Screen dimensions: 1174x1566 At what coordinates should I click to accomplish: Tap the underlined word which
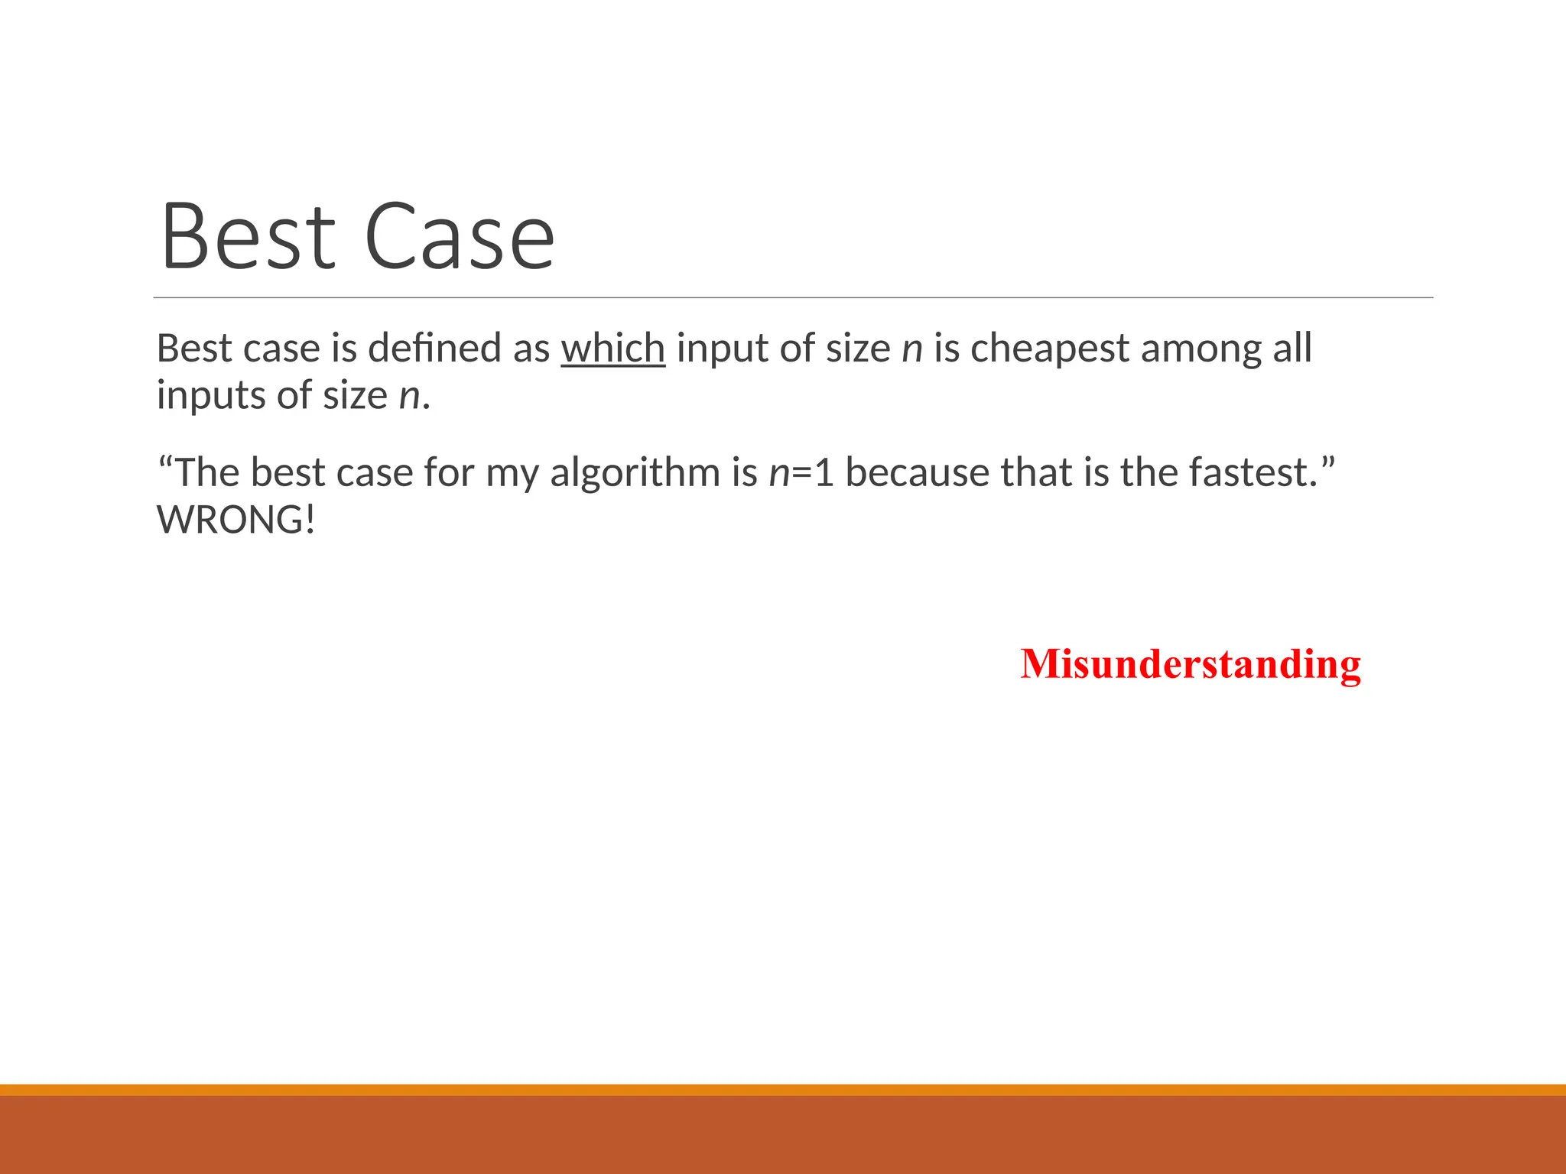[613, 349]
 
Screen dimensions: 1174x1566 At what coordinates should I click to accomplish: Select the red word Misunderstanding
[1191, 663]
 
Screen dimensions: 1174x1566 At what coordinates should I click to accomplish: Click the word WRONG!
[236, 521]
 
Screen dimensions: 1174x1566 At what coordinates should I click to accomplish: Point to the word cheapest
[1050, 349]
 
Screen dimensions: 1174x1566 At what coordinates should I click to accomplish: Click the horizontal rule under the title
[793, 297]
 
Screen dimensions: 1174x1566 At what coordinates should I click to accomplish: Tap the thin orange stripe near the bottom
[783, 1089]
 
